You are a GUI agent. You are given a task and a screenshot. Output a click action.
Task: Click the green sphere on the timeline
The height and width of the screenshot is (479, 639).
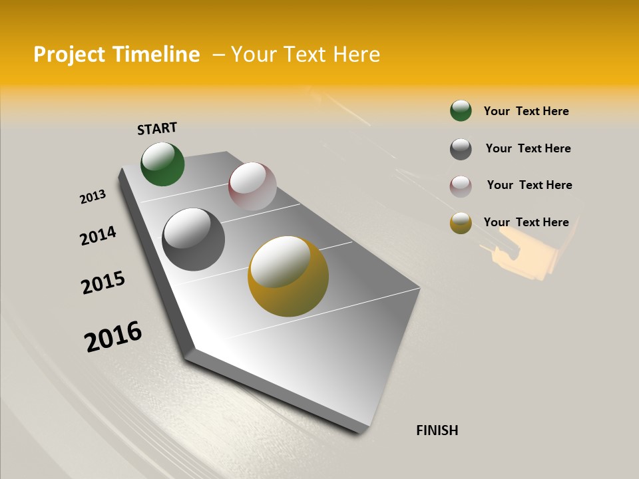[x=162, y=164]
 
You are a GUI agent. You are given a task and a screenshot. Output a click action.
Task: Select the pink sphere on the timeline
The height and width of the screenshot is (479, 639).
[x=252, y=186]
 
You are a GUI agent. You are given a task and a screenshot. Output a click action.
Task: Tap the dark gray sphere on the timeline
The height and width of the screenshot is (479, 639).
[x=194, y=239]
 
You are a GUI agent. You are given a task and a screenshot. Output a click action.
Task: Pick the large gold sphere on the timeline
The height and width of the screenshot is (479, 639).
[x=288, y=276]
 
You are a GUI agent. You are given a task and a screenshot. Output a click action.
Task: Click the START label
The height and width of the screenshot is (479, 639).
[x=157, y=128]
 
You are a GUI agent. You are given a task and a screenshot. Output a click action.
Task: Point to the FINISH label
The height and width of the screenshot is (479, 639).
[x=437, y=430]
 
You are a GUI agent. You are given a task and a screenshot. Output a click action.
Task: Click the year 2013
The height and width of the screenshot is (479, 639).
[x=93, y=197]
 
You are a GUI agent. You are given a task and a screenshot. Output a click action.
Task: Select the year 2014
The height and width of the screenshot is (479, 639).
[x=98, y=236]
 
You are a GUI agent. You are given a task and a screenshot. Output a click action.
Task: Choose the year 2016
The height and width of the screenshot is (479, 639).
[x=113, y=337]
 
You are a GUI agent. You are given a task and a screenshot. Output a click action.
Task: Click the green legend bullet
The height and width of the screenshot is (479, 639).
[x=461, y=110]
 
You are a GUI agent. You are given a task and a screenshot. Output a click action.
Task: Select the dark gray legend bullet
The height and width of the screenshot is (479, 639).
[x=461, y=149]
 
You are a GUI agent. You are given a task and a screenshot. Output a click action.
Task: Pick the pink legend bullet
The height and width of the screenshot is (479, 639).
[x=461, y=186]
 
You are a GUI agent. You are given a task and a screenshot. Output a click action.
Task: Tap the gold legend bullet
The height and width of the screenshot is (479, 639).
[x=461, y=224]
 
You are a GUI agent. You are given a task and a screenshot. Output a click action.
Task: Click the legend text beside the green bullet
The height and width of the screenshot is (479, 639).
[x=526, y=111]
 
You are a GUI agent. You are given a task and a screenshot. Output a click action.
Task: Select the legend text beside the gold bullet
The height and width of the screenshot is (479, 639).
[x=526, y=222]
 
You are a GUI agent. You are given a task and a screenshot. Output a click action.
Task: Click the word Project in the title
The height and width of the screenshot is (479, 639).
[x=70, y=55]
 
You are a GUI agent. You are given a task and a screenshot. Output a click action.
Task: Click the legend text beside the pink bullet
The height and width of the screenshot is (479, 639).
[x=529, y=185]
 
